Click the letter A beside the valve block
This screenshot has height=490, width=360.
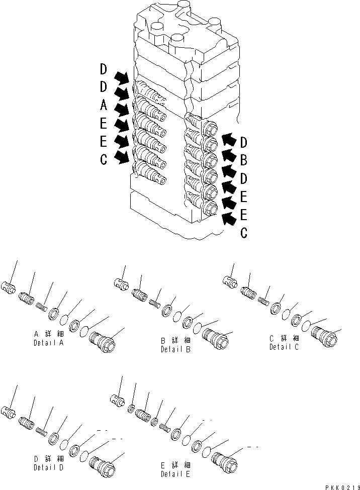[103, 106]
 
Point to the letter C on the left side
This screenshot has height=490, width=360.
[103, 160]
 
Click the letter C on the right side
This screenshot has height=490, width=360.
[243, 233]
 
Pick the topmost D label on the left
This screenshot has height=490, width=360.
[103, 69]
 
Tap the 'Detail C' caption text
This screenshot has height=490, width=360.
[284, 347]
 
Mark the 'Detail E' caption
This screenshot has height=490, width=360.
[175, 474]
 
